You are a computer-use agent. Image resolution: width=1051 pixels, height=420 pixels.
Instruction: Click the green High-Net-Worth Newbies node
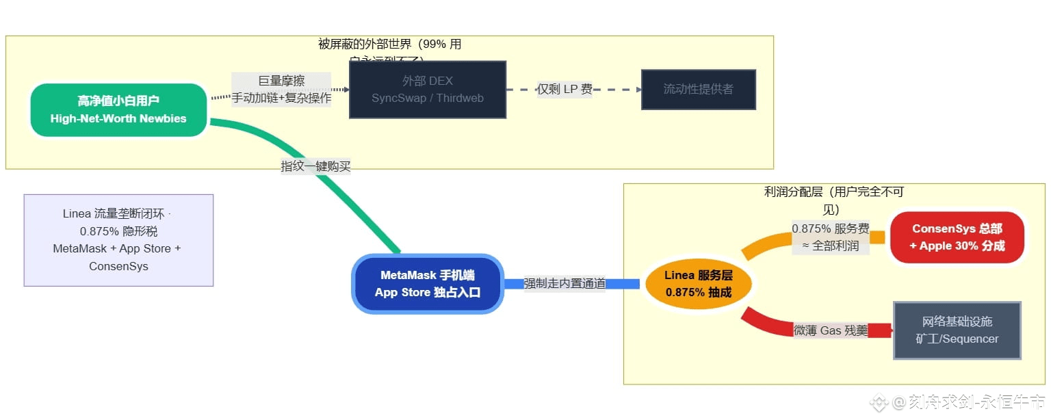(118, 110)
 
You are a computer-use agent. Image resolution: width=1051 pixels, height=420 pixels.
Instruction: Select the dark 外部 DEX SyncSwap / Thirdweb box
(427, 90)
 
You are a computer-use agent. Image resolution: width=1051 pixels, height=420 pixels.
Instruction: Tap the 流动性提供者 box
(698, 90)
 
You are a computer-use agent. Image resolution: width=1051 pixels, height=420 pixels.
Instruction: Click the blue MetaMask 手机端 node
(428, 284)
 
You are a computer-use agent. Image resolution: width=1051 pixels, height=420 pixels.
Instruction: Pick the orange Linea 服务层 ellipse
(698, 284)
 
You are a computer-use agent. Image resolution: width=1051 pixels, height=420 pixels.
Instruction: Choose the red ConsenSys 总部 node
(957, 237)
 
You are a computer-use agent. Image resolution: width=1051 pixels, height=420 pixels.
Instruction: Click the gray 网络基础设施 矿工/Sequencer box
(957, 330)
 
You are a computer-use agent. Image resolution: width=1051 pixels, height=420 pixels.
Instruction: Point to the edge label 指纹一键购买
(315, 166)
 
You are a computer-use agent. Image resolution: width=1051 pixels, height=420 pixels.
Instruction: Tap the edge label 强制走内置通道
(565, 283)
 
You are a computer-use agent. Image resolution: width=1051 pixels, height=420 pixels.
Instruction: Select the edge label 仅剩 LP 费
(565, 90)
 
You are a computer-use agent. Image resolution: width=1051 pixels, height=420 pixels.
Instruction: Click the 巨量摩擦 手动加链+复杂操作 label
(281, 90)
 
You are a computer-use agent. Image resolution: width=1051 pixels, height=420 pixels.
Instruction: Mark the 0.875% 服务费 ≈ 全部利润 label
(830, 237)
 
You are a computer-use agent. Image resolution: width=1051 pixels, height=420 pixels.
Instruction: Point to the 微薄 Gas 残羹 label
(830, 331)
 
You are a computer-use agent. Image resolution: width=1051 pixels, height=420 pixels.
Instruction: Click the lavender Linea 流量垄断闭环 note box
(118, 240)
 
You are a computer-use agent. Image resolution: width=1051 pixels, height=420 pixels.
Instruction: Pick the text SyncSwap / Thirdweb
(427, 99)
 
